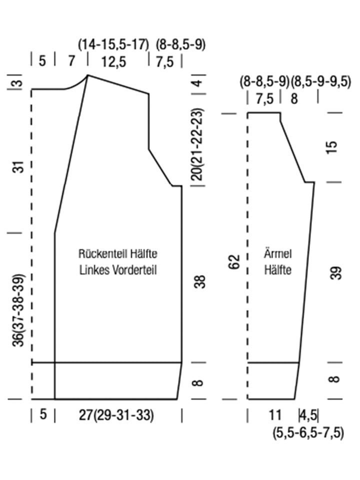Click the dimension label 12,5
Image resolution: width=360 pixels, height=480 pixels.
click(114, 62)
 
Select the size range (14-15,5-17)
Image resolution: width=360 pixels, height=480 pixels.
click(113, 44)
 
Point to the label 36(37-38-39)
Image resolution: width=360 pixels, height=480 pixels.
click(18, 310)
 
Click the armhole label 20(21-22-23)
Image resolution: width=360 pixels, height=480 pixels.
click(198, 144)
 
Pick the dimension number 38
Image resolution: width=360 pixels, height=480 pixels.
click(199, 282)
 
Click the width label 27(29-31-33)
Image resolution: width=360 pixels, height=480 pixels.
click(116, 415)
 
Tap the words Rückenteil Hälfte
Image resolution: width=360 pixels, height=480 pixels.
click(118, 254)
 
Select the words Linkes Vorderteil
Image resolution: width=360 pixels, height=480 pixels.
click(118, 270)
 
